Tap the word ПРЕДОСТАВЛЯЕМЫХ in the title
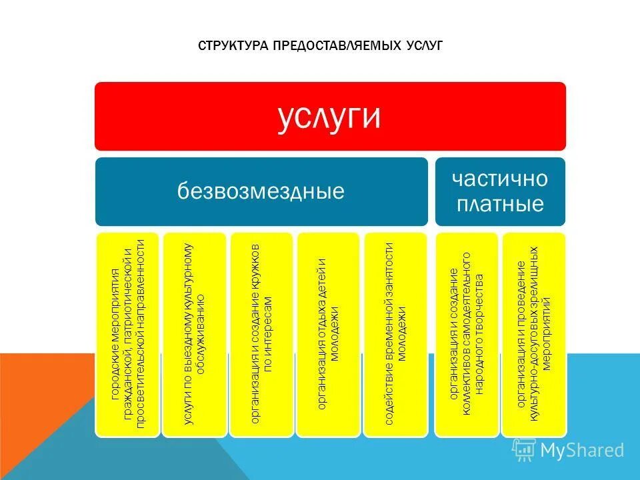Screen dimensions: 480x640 click(327, 46)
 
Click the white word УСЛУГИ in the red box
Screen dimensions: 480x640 click(329, 117)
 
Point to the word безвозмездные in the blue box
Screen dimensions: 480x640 click(261, 192)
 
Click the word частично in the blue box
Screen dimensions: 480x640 click(500, 179)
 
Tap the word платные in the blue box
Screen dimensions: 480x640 click(500, 203)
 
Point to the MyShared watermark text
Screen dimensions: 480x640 click(582, 451)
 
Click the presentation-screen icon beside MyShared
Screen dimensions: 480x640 click(524, 450)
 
